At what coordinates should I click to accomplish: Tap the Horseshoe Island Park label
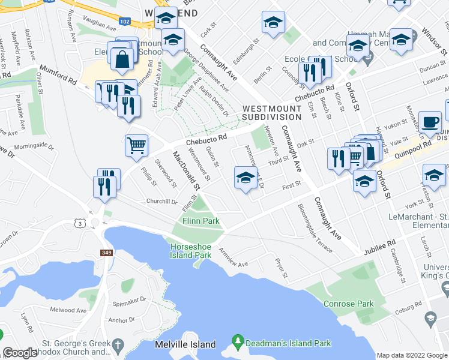[191, 251]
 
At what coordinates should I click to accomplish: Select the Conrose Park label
[348, 304]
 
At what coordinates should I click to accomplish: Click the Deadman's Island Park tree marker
[238, 343]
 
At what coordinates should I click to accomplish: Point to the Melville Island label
[185, 344]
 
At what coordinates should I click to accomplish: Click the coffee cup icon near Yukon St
[429, 122]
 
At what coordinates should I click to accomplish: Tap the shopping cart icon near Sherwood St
[136, 145]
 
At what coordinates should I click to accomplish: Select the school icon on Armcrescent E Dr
[245, 178]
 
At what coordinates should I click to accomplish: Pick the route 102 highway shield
[125, 20]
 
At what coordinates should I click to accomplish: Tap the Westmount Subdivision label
[271, 112]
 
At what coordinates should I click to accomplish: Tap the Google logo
[20, 353]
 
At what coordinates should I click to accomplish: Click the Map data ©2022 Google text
[411, 355]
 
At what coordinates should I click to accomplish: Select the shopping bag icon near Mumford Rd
[122, 60]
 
